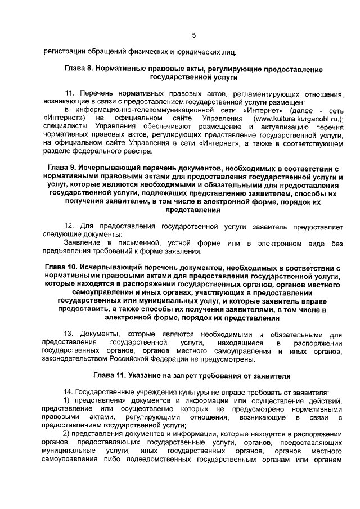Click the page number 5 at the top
coord(193,35)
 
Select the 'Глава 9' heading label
coord(61,168)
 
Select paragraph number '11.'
coord(70,93)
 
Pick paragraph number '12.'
coord(70,226)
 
